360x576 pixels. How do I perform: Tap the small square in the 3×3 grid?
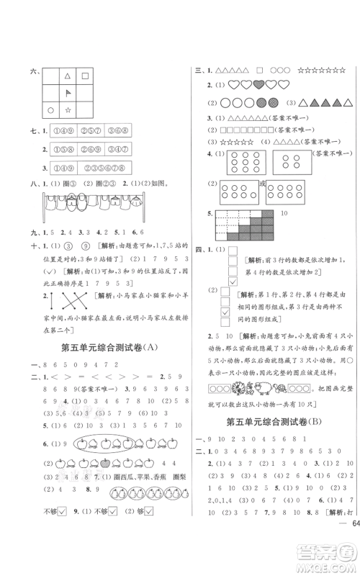[85, 75]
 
